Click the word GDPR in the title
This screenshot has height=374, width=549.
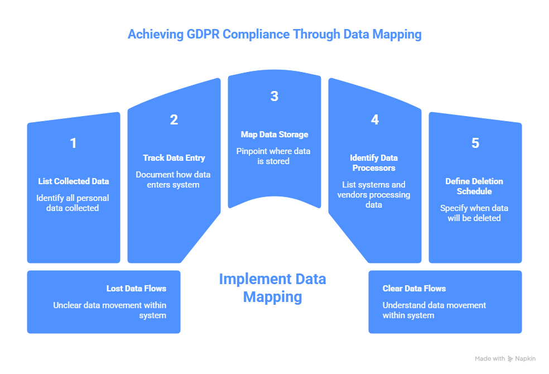click(198, 34)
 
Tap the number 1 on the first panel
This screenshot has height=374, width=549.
click(73, 143)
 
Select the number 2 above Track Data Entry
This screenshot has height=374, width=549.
click(174, 119)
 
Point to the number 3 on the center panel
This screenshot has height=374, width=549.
click(274, 96)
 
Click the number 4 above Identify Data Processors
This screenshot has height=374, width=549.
click(374, 119)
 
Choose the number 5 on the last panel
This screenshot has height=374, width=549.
click(475, 143)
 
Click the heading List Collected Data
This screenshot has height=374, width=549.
click(73, 181)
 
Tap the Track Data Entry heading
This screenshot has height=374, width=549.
click(174, 158)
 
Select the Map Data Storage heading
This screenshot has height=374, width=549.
click(274, 135)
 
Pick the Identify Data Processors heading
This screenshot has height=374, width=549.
click(374, 162)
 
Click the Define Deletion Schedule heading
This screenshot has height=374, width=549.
click(474, 186)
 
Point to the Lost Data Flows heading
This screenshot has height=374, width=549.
click(136, 289)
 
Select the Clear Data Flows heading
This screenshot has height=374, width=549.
click(414, 289)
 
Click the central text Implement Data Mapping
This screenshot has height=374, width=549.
click(272, 287)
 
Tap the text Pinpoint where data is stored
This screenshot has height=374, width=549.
click(274, 156)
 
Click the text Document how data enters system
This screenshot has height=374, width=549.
click(174, 180)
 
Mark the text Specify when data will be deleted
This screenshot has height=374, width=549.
click(474, 213)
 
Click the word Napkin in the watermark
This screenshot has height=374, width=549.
click(526, 358)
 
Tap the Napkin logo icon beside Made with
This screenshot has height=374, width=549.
click(511, 358)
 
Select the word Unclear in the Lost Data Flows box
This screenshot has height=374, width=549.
click(68, 305)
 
